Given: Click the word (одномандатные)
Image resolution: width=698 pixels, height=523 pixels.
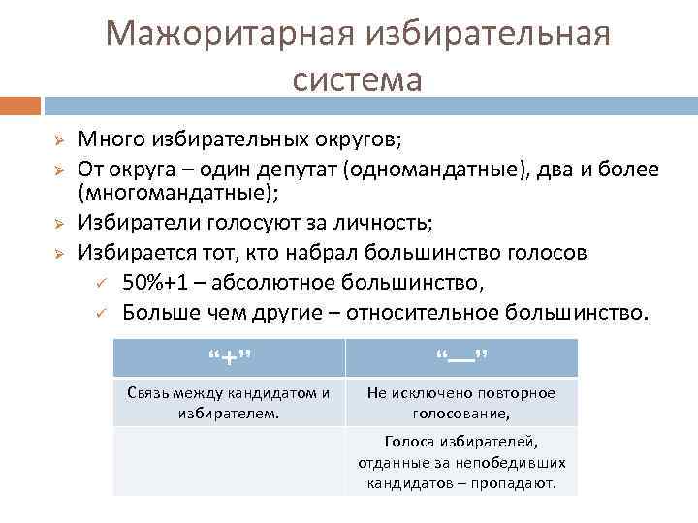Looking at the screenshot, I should [x=431, y=169].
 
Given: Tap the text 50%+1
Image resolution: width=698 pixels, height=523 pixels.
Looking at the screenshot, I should [x=158, y=283].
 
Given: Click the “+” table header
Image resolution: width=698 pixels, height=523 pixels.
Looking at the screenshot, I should [x=229, y=357].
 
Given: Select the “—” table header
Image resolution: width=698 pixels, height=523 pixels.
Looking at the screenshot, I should [x=460, y=357].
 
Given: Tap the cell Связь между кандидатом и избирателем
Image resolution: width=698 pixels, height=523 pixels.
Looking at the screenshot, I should [x=229, y=403].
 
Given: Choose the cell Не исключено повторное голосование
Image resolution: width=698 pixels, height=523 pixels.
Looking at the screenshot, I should [x=460, y=403].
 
